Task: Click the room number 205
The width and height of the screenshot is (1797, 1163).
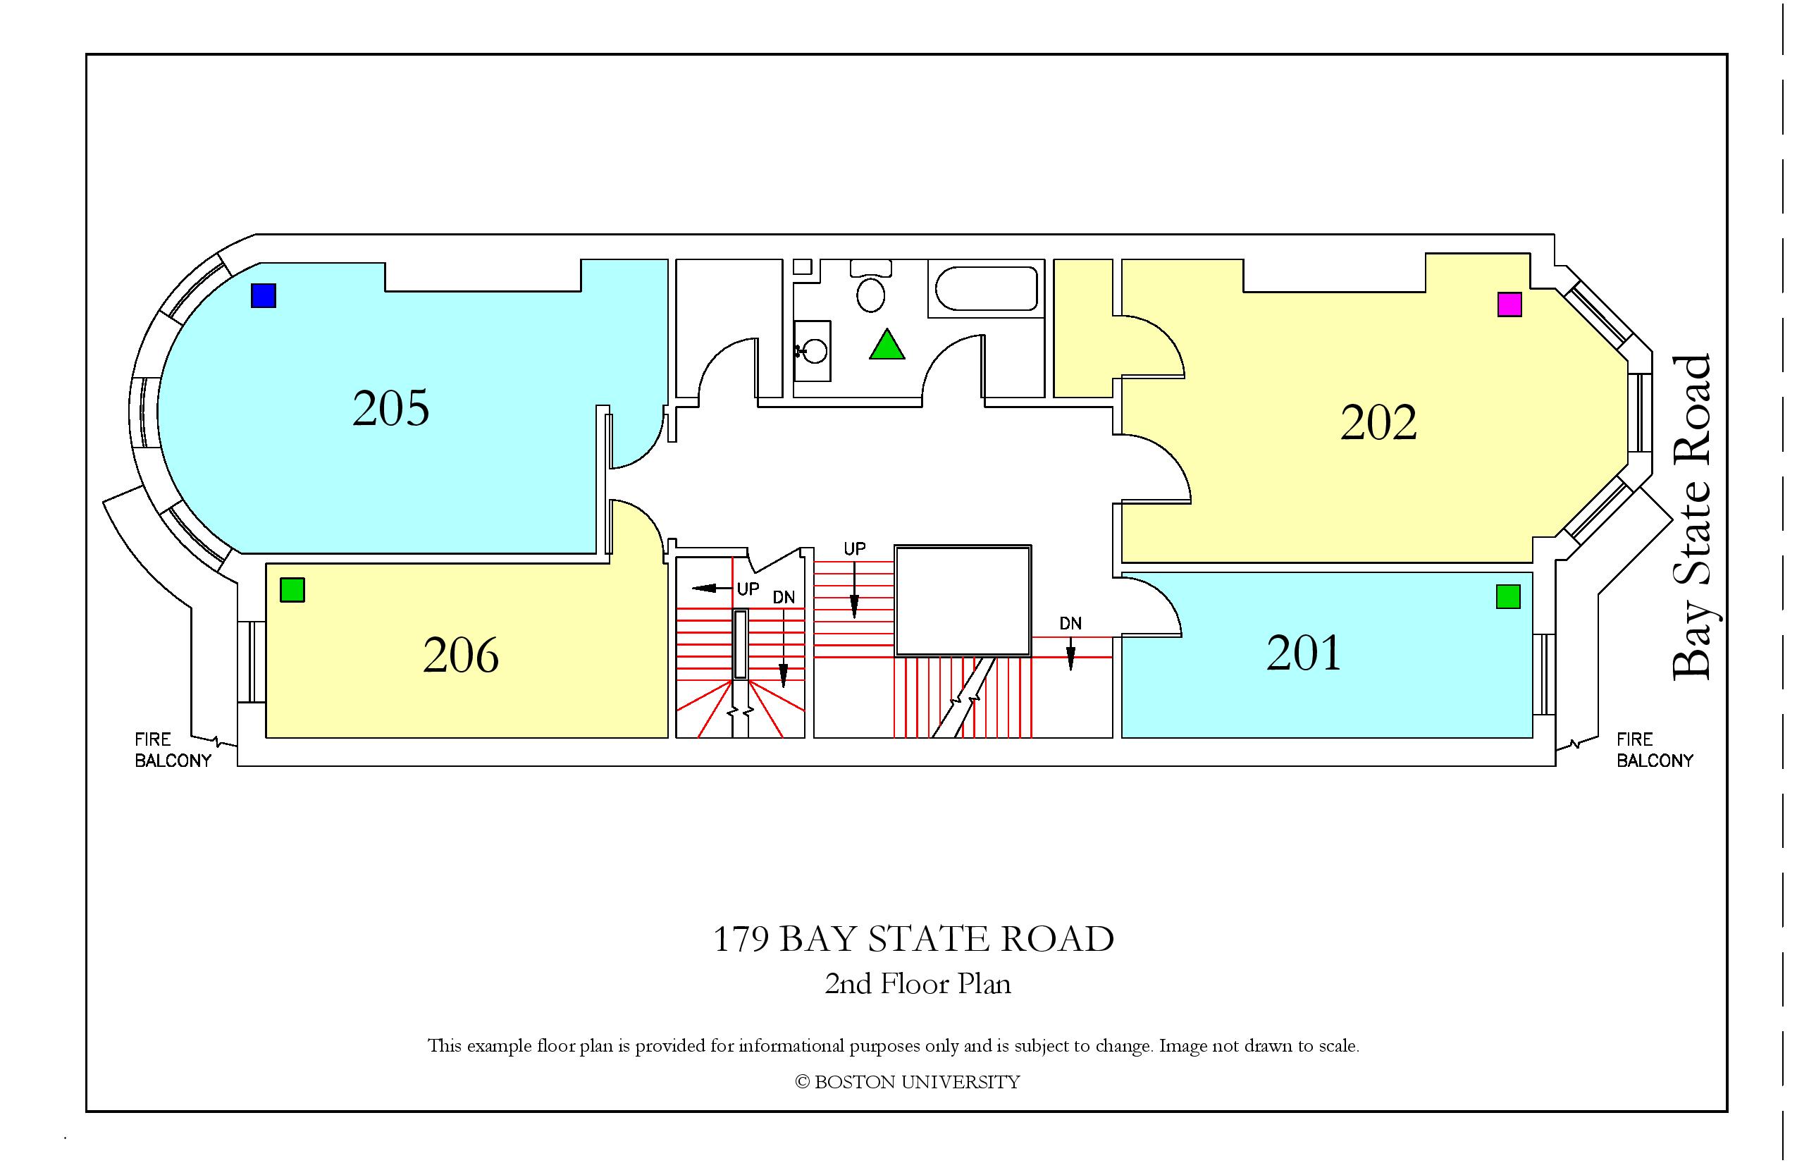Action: coord(391,409)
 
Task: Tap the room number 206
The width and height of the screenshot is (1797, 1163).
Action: coord(461,655)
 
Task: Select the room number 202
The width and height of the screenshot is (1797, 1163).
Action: coord(1378,422)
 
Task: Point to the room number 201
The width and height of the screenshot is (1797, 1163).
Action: coord(1304,653)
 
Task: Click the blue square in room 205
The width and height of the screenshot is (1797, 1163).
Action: coord(264,295)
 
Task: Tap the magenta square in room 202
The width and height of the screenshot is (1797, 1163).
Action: coord(1509,304)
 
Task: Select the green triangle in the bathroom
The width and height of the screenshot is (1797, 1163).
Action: coord(887,345)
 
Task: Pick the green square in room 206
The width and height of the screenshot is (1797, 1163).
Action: coord(292,590)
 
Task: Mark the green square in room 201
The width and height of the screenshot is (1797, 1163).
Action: coord(1508,596)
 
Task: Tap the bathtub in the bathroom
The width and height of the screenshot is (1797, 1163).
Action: coord(987,288)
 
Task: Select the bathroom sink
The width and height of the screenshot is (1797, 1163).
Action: coord(813,350)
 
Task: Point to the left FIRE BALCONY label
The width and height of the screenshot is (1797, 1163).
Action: coord(173,750)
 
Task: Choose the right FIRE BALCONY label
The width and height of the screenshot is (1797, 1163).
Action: coord(1655,750)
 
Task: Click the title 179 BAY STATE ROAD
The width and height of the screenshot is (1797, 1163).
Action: coord(913,940)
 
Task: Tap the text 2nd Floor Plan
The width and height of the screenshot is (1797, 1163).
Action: coord(918,984)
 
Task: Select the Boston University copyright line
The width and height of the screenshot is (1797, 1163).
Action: coord(908,1082)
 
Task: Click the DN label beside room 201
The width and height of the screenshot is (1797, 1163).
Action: coord(1070,624)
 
